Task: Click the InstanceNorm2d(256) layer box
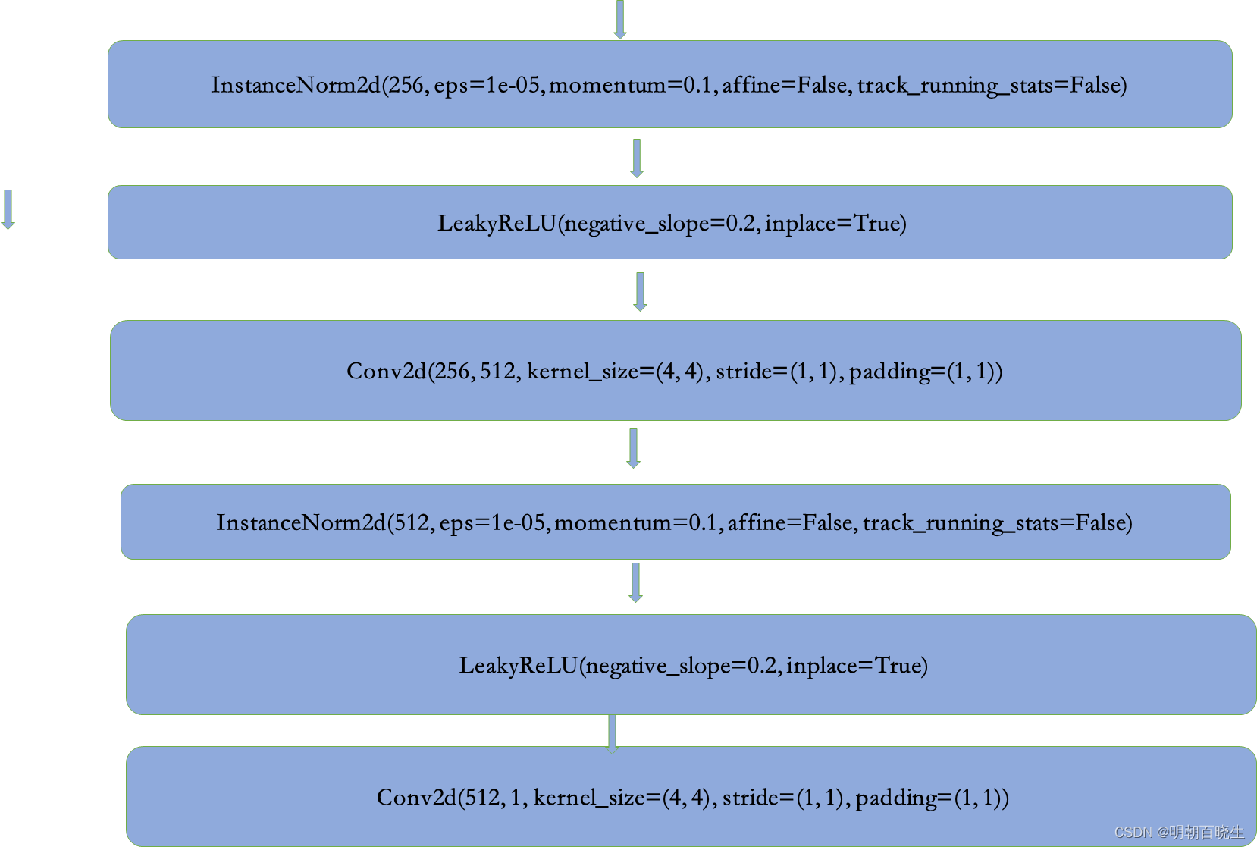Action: point(669,84)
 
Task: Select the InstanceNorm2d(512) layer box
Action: point(675,522)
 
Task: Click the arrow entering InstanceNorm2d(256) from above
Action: point(620,19)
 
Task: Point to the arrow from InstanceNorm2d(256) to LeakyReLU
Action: point(637,158)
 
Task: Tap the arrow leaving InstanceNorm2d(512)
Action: point(635,582)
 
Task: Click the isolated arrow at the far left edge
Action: point(8,209)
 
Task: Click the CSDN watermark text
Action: point(1179,832)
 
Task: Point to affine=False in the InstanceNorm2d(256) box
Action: point(785,85)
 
